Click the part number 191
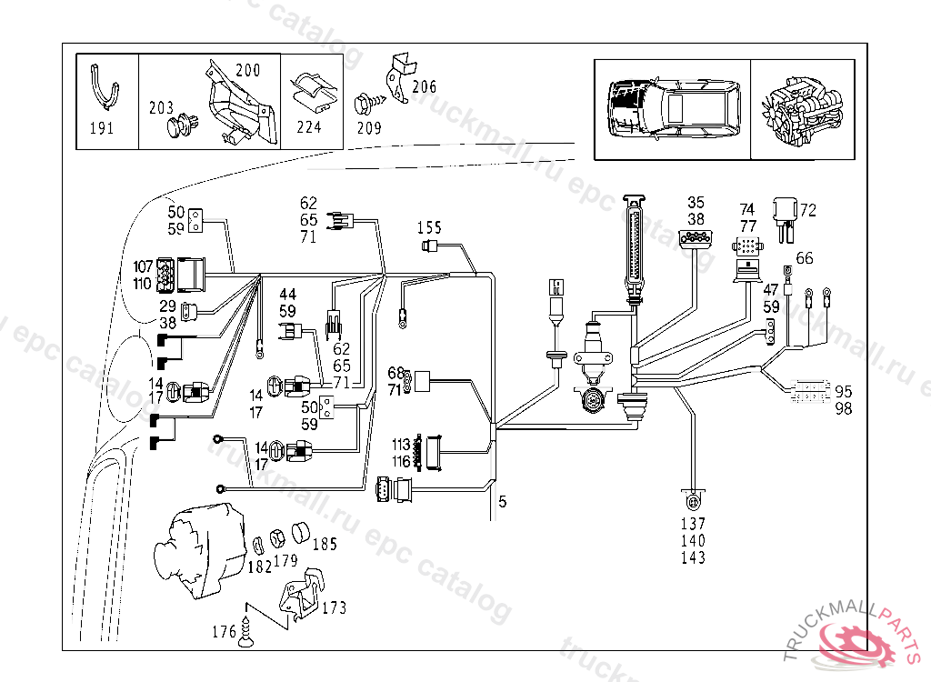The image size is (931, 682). (102, 128)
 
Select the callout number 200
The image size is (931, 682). (247, 70)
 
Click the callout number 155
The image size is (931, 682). (429, 226)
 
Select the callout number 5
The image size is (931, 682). (503, 500)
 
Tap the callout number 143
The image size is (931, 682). (693, 557)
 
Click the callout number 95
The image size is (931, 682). (844, 392)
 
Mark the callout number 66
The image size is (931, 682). (805, 257)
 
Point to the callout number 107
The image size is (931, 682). (144, 268)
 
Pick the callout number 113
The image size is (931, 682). (402, 446)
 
